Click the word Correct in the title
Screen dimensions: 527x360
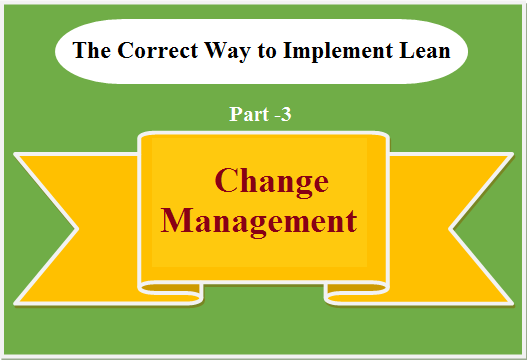click(x=158, y=50)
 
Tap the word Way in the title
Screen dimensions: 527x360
click(x=228, y=52)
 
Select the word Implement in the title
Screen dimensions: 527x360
click(x=338, y=52)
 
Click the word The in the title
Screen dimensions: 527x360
click(x=91, y=50)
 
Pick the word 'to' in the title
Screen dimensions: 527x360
click(x=267, y=51)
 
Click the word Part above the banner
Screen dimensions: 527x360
click(x=249, y=114)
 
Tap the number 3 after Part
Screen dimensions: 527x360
click(x=285, y=114)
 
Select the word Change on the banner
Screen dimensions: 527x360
click(x=272, y=182)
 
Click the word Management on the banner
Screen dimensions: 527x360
click(x=259, y=222)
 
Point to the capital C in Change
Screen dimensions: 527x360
click(x=227, y=180)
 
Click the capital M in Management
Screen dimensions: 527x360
click(x=177, y=220)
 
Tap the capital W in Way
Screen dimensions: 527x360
click(x=217, y=50)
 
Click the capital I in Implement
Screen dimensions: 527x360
click(x=289, y=50)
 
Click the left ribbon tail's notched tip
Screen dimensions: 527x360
click(x=77, y=229)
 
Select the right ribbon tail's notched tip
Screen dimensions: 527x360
click(x=450, y=229)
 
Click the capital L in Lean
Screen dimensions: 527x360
click(x=406, y=50)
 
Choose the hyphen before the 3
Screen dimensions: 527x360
click(x=277, y=116)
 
